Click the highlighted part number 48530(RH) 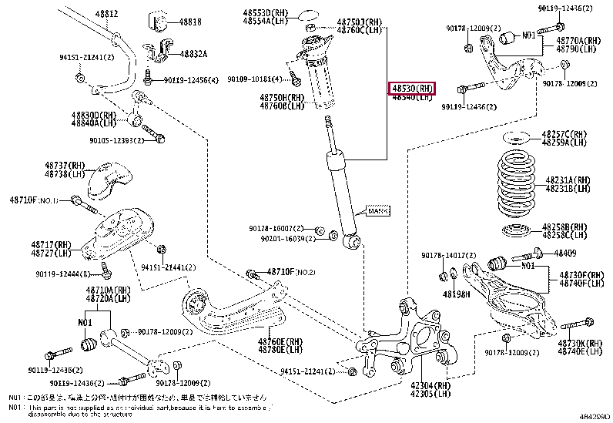click(x=412, y=88)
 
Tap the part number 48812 click(x=107, y=14)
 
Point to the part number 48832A click(x=194, y=53)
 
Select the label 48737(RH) click(x=65, y=166)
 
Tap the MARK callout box click(x=377, y=210)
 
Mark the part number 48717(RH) click(x=51, y=244)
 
